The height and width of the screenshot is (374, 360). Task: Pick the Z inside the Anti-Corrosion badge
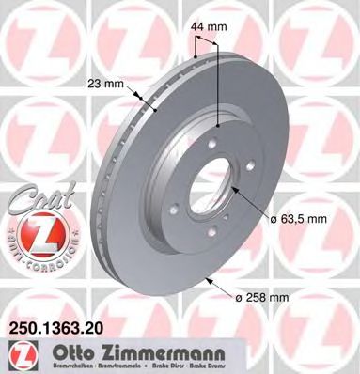[x=30, y=229]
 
